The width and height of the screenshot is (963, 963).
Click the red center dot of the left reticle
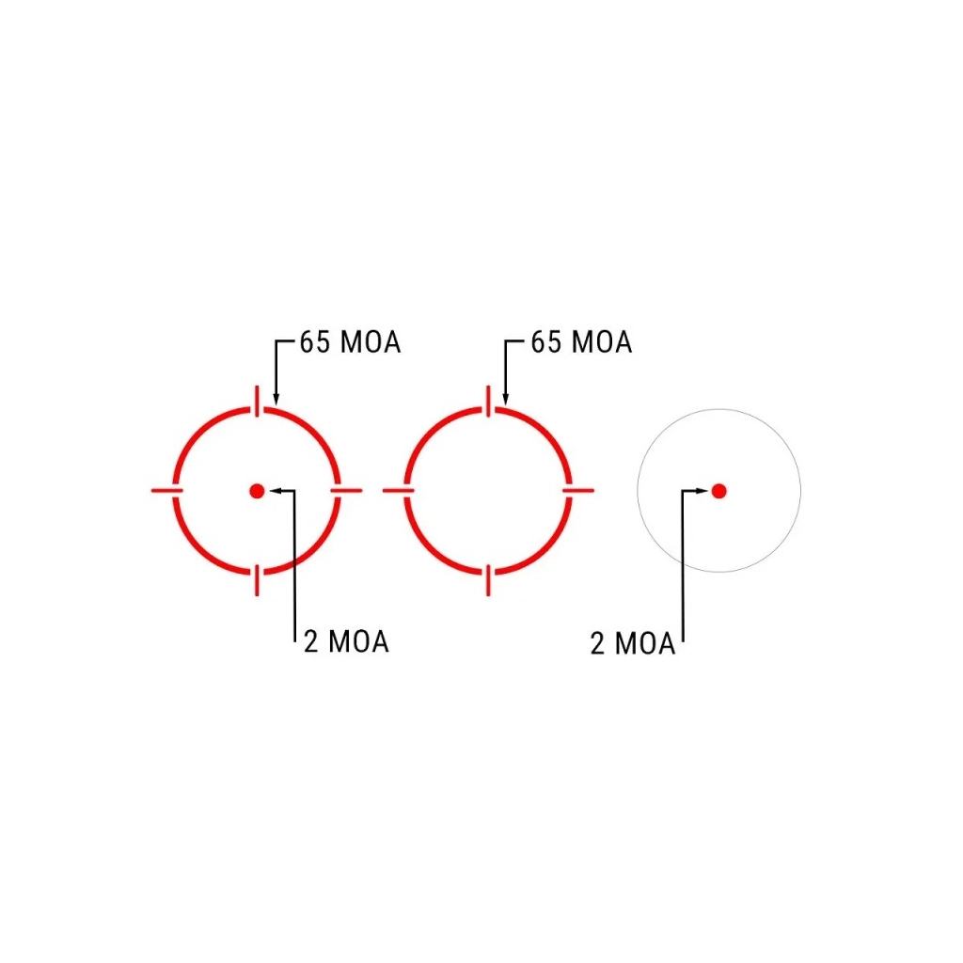[x=257, y=491]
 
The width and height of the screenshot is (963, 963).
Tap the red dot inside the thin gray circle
[x=718, y=491]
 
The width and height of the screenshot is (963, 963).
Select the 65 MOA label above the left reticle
[x=350, y=342]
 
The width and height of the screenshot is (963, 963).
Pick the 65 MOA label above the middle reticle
[x=581, y=342]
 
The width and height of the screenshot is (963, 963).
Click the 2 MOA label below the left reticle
[x=346, y=641]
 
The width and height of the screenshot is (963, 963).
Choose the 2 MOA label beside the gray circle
[x=633, y=643]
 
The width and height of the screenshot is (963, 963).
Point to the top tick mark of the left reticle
[x=257, y=401]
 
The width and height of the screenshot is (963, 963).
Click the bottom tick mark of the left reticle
[x=257, y=580]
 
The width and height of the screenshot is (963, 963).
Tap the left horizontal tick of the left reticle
[x=167, y=491]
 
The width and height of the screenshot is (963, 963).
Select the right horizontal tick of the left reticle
[x=346, y=491]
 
